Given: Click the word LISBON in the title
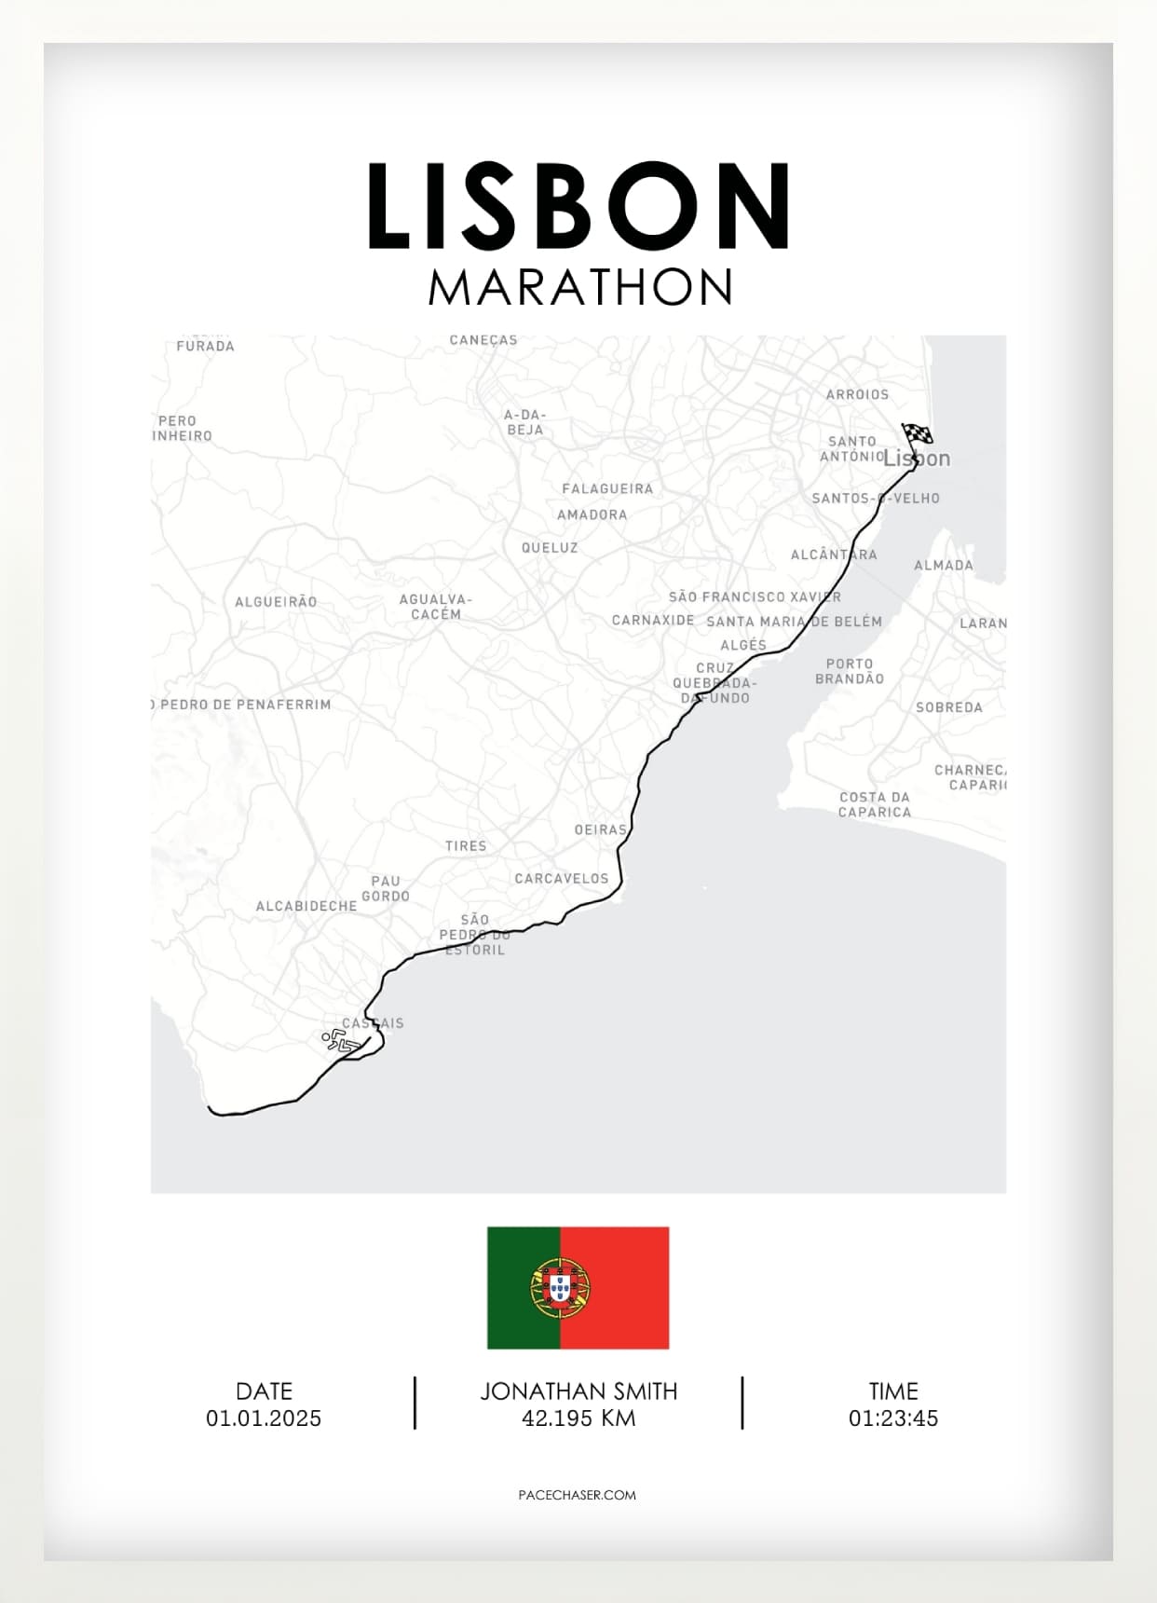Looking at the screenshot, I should [578, 206].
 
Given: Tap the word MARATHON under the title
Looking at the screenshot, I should [580, 287].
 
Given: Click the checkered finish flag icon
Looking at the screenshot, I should [917, 434].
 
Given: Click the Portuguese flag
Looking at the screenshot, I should [578, 1287].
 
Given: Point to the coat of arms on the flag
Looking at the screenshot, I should [560, 1288].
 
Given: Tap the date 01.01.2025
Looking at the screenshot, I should [264, 1418].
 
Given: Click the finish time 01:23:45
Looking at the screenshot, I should [892, 1418].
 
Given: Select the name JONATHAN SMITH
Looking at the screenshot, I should [578, 1391].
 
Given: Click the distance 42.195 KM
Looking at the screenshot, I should [578, 1418].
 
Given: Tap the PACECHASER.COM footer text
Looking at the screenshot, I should [578, 1495].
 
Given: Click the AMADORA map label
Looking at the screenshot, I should [592, 514].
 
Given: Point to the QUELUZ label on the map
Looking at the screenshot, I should [550, 548].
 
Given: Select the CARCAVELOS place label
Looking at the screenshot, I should [561, 879].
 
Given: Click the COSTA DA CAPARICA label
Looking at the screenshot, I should [874, 804].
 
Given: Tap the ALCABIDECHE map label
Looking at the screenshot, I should [306, 906].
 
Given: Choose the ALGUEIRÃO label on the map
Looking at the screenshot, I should [276, 602].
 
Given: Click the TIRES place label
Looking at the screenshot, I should [466, 846].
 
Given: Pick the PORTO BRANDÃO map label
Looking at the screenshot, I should [849, 671].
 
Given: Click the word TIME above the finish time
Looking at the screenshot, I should [893, 1391].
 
